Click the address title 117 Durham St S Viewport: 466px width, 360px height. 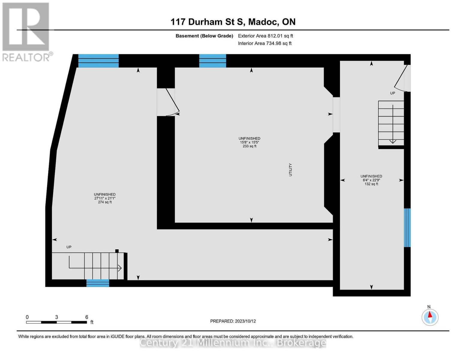(x=233, y=22)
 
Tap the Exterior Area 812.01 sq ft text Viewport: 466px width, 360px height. (x=265, y=36)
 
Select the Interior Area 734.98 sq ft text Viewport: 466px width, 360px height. (x=264, y=43)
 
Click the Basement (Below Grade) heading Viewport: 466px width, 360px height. (x=204, y=36)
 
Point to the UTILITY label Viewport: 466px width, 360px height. (x=290, y=170)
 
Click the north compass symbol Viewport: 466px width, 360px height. (x=430, y=317)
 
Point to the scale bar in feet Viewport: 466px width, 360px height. (x=57, y=322)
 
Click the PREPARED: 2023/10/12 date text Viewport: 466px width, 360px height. (x=233, y=321)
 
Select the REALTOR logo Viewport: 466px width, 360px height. (x=26, y=32)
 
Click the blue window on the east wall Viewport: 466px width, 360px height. (x=407, y=228)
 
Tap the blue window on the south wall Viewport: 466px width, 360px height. (x=98, y=283)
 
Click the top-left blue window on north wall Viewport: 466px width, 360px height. (x=98, y=61)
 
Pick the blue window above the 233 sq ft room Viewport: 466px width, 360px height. (x=213, y=61)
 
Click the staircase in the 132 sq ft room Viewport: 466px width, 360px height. (x=391, y=124)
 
